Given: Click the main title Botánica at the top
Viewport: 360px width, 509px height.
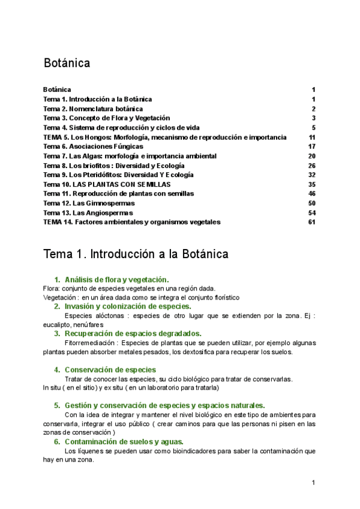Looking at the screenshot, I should (67, 63).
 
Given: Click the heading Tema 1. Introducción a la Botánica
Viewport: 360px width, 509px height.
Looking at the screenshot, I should (136, 254).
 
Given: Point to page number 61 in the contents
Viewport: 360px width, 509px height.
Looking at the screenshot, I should (311, 222).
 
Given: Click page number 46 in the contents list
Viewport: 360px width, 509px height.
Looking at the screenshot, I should (311, 194).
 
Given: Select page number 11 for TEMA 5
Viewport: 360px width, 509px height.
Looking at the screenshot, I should (312, 137).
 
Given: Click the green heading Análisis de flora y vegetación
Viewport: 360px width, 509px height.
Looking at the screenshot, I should (116, 280).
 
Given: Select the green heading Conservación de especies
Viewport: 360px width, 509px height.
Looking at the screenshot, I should (110, 370).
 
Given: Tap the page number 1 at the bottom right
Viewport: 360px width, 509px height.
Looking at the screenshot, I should (313, 483).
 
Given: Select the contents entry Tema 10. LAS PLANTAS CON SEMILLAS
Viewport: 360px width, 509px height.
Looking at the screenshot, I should (107, 184).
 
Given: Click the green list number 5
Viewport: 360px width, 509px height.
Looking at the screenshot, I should (56, 405).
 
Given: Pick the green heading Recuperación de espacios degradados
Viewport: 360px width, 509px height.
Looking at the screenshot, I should (133, 333).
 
